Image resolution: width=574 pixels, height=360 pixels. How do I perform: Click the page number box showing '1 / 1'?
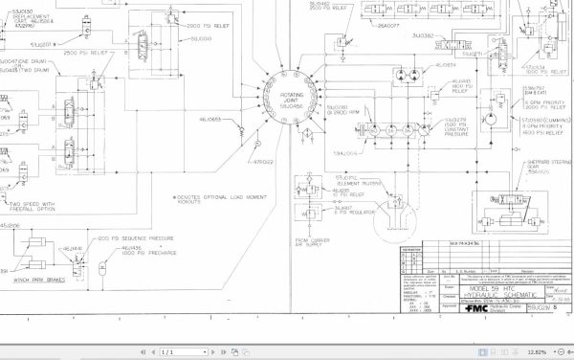pyautogui.click(x=171, y=352)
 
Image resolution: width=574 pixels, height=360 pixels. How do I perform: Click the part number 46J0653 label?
pyautogui.click(x=210, y=120)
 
